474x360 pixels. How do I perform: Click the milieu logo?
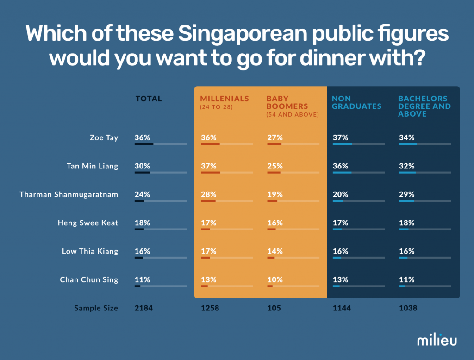coord(437,340)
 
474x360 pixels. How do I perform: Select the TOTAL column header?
coord(149,99)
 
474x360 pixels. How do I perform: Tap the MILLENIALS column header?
coord(225,99)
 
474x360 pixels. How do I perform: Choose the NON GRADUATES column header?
coord(356,102)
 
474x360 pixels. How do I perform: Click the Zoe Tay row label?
coord(104,137)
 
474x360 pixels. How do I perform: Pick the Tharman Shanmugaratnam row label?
coord(69,194)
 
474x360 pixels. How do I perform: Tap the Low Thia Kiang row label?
coord(90,251)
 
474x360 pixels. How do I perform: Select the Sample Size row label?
coord(96,308)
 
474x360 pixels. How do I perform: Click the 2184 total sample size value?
coord(143,308)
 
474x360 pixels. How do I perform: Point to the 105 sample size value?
coord(274,308)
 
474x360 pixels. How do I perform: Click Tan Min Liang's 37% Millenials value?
coord(209,166)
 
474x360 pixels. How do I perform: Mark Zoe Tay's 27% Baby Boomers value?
coord(275,137)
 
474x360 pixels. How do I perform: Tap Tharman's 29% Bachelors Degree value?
coord(406,194)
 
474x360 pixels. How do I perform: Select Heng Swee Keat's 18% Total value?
coord(142,223)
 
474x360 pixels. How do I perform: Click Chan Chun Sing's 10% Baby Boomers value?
coord(275,279)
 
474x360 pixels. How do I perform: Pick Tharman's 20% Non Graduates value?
coord(340,194)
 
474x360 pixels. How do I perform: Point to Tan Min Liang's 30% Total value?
coord(142,166)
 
